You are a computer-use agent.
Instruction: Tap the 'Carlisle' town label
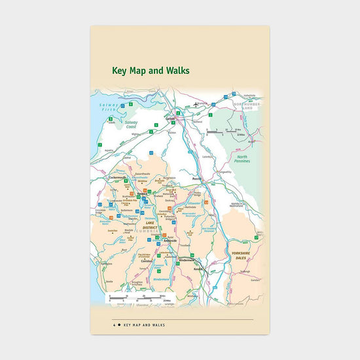(x=171, y=118)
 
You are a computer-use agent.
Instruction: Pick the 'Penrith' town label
(x=196, y=178)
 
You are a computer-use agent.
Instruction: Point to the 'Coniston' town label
(x=147, y=260)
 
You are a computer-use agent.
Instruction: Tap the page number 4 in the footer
(x=114, y=325)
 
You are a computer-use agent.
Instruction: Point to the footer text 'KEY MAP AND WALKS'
(x=144, y=325)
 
